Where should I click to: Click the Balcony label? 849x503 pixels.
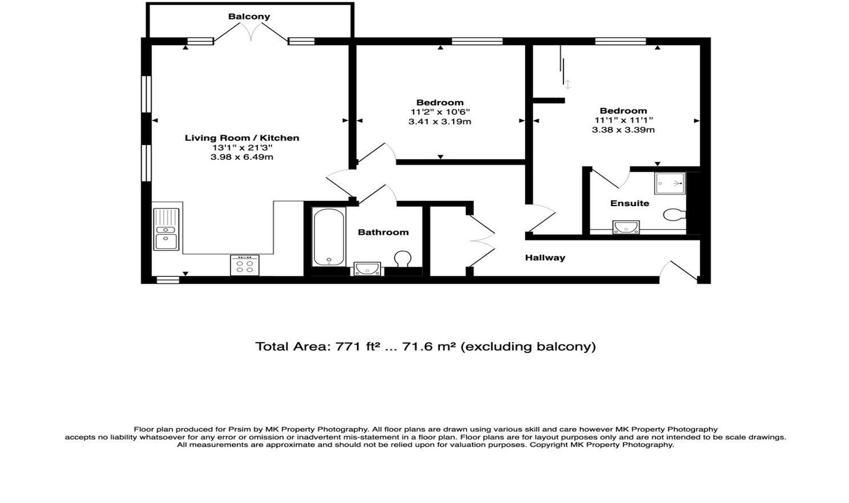pyautogui.click(x=249, y=17)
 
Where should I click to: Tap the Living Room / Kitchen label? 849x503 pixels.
pyautogui.click(x=242, y=138)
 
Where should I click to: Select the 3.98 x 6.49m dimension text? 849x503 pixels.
pyautogui.click(x=242, y=157)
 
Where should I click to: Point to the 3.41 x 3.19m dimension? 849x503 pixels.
pyautogui.click(x=440, y=122)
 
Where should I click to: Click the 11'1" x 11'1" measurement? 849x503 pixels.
pyautogui.click(x=624, y=120)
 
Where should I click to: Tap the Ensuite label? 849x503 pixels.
pyautogui.click(x=629, y=203)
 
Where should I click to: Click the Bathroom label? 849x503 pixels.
pyautogui.click(x=383, y=232)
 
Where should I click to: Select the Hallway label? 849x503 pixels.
pyautogui.click(x=545, y=258)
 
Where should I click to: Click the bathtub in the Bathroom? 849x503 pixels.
pyautogui.click(x=329, y=237)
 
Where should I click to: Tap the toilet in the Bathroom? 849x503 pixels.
pyautogui.click(x=402, y=259)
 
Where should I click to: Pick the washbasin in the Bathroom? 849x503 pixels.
pyautogui.click(x=367, y=268)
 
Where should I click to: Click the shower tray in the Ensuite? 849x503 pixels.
pyautogui.click(x=670, y=183)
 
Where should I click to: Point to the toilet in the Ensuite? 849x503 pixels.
pyautogui.click(x=674, y=214)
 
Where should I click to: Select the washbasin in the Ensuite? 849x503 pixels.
pyautogui.click(x=626, y=227)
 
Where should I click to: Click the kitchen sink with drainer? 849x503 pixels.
pyautogui.click(x=166, y=229)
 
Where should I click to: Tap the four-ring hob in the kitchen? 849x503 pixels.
pyautogui.click(x=245, y=265)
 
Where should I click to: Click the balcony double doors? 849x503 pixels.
pyautogui.click(x=250, y=33)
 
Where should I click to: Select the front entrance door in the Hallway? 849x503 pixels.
pyautogui.click(x=678, y=271)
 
